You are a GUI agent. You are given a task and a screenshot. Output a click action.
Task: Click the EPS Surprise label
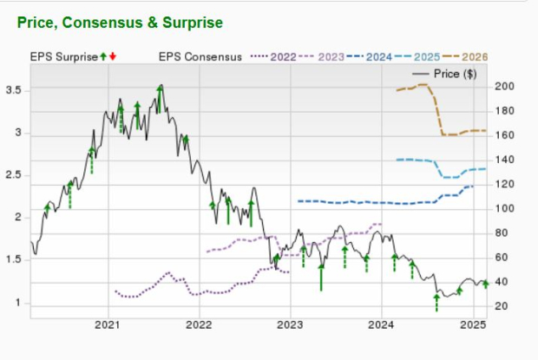pos(64,57)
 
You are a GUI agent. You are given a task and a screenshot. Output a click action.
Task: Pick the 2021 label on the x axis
pos(108,326)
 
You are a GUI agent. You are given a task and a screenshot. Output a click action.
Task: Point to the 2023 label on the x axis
pos(289,326)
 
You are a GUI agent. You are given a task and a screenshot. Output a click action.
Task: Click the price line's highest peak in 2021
pos(161,86)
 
